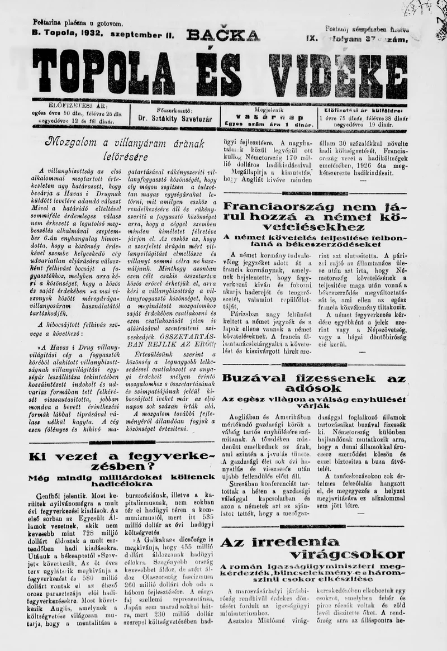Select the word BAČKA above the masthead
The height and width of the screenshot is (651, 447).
(x=223, y=36)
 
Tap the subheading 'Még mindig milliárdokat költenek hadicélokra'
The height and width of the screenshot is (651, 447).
(x=121, y=481)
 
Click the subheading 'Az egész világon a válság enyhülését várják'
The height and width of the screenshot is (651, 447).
(x=313, y=402)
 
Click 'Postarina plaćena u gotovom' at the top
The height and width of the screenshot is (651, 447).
(x=78, y=23)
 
